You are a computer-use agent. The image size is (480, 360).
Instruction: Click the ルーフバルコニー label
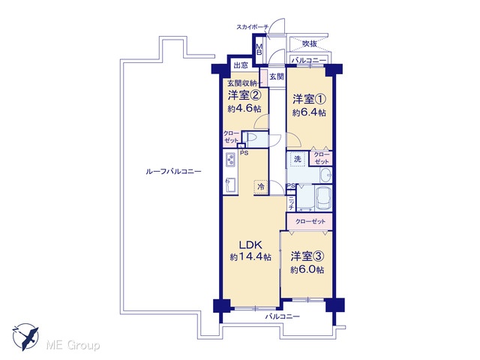pyautogui.click(x=173, y=172)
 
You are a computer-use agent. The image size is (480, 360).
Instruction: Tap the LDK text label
pyautogui.click(x=250, y=245)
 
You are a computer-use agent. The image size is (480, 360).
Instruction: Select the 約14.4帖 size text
pyautogui.click(x=250, y=256)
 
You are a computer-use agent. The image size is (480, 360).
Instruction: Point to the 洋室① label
pyautogui.click(x=309, y=100)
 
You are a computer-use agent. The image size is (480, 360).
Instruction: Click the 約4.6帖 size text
pyautogui.click(x=244, y=108)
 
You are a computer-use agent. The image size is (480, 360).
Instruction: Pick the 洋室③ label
pyautogui.click(x=307, y=256)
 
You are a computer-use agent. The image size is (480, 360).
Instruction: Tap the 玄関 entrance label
pyautogui.click(x=277, y=76)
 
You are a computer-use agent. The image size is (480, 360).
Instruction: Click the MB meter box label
pyautogui.click(x=259, y=49)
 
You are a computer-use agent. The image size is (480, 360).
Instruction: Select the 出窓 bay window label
pyautogui.click(x=241, y=65)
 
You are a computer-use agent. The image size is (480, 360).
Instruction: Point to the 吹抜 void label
pyautogui.click(x=310, y=43)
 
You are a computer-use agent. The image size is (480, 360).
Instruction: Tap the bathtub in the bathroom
pyautogui.click(x=323, y=198)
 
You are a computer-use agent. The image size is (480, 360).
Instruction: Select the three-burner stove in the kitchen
pyautogui.click(x=230, y=159)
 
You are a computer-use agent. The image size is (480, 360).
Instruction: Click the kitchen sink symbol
pyautogui.click(x=230, y=184)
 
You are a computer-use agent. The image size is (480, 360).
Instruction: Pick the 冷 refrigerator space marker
pyautogui.click(x=261, y=187)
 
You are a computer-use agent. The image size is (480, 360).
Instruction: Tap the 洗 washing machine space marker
pyautogui.click(x=297, y=159)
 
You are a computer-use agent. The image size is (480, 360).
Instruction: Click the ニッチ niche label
pyautogui.click(x=291, y=203)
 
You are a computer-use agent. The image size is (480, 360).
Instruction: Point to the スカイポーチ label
pyautogui.click(x=252, y=27)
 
